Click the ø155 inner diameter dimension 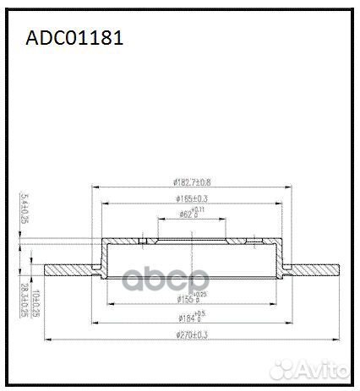[189, 298]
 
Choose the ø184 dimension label [191, 318]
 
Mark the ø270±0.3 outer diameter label [191, 336]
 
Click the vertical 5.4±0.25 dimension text [23, 207]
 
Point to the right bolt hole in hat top [252, 242]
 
